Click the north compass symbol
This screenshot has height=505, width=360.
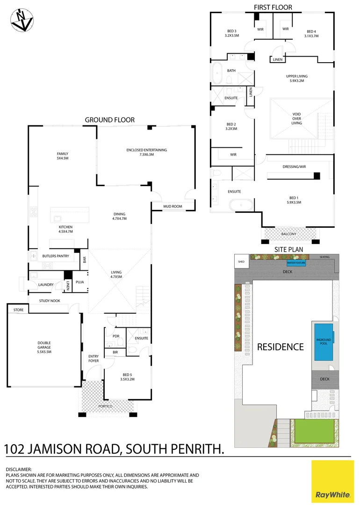pos(22,20)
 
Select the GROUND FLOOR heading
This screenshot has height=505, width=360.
pos(109,120)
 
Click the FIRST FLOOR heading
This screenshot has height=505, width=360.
pos(273,7)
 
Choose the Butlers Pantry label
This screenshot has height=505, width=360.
pos(56,256)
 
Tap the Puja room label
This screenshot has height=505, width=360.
pos(79,282)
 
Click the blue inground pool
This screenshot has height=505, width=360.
pos(324,342)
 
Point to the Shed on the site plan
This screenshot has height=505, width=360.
pos(241,262)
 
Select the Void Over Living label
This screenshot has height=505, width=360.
pos(296,119)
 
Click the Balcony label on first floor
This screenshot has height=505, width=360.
pos(288,234)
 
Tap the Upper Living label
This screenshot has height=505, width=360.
pos(297,78)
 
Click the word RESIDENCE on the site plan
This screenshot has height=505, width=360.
pos(280,347)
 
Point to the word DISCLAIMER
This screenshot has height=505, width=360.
pos(19,469)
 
